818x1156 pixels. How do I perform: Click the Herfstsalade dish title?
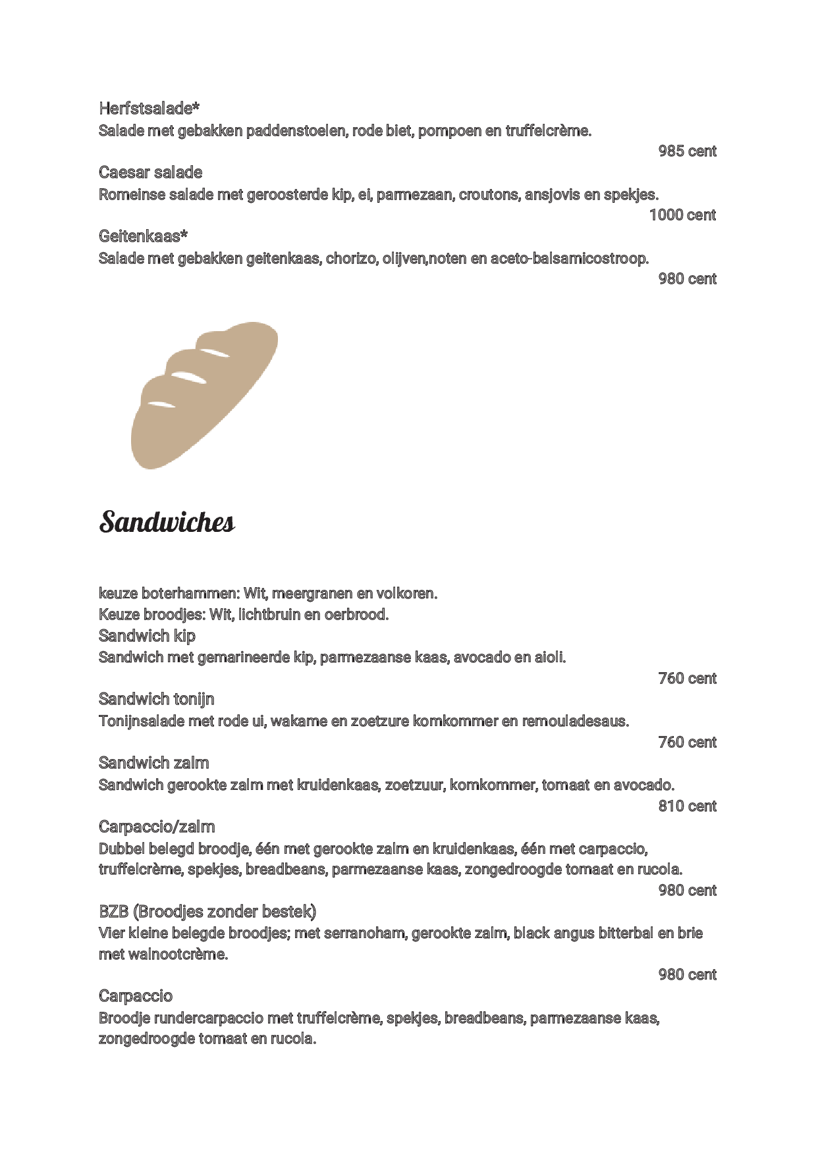[149, 108]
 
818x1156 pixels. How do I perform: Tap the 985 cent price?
[687, 151]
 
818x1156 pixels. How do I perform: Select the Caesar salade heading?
[150, 172]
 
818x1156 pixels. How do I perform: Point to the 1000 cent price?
[682, 215]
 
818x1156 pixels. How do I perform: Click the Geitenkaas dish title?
[143, 236]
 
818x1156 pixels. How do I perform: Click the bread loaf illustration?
[204, 395]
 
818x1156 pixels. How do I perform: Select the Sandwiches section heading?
[167, 522]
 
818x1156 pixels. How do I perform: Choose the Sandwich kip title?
[147, 635]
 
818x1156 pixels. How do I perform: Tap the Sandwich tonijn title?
[156, 698]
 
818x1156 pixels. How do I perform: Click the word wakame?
[298, 721]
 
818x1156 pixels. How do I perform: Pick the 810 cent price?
[687, 806]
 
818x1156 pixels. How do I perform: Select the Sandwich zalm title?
[153, 762]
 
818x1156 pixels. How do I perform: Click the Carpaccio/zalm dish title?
[157, 826]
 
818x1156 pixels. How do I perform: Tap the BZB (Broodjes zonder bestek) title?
[207, 911]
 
